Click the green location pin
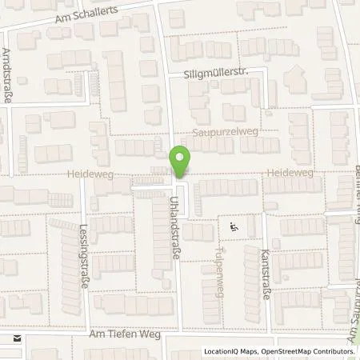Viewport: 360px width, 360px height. [x=180, y=162]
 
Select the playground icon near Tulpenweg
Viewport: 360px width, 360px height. [x=234, y=227]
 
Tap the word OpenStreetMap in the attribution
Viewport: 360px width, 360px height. [x=284, y=352]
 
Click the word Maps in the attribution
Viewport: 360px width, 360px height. [x=251, y=352]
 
